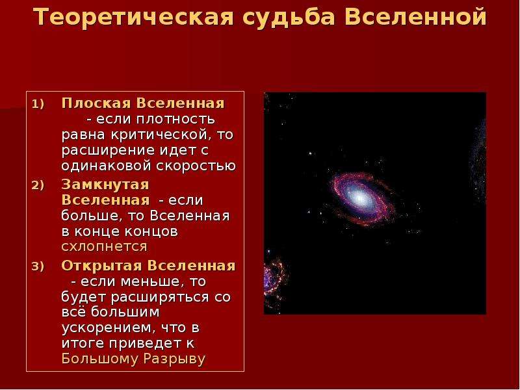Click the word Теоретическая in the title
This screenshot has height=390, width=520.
[134, 17]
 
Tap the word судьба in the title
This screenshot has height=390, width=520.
[289, 18]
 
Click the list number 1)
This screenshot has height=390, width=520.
[38, 104]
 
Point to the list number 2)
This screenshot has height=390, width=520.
[38, 185]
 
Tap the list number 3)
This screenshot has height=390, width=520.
[38, 266]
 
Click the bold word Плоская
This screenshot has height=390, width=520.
[96, 103]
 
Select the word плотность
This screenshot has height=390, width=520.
[175, 119]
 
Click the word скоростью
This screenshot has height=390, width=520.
[196, 166]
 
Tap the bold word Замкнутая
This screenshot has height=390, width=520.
[105, 185]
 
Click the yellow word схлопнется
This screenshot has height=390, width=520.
[104, 247]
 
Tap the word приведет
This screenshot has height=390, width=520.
[145, 344]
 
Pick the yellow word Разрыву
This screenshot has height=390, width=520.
[174, 359]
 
